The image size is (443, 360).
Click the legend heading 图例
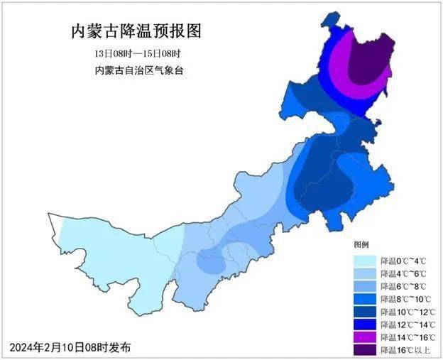pos(363,243)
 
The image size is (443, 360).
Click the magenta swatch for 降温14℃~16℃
pos(364,337)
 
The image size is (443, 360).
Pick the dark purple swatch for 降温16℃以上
pos(364,349)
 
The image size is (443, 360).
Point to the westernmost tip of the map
pos(48,214)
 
